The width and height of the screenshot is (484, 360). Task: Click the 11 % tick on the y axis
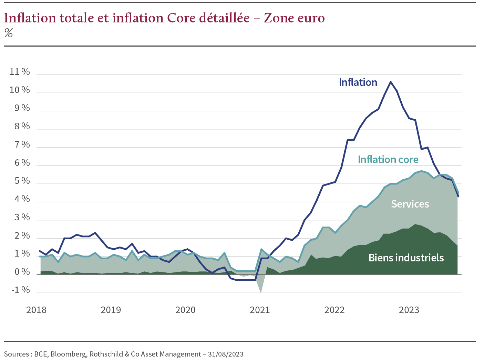pos(20,72)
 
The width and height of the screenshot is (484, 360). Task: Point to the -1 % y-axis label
pos(21,290)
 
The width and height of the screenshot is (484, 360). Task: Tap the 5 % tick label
pos(22,181)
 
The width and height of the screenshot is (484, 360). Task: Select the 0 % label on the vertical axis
pos(22,272)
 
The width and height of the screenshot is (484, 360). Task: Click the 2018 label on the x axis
pos(36,310)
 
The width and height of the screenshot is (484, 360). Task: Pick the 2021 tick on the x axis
pos(260,310)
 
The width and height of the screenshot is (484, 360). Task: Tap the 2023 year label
pos(409,310)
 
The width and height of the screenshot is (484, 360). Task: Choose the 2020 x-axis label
pos(185,310)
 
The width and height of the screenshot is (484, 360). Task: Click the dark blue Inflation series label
pos(358,82)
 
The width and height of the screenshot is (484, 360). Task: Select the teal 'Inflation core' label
pos(388,160)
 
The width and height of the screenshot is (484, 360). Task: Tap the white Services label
pos(410,204)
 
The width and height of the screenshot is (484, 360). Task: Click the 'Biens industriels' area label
pos(406,258)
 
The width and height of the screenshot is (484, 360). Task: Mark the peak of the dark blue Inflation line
pos(390,82)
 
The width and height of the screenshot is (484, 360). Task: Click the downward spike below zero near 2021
pos(261,291)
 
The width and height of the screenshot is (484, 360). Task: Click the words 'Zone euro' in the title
pos(294,18)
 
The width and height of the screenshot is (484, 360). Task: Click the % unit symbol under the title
pos(9,33)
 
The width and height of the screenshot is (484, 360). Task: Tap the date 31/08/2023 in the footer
pos(226,354)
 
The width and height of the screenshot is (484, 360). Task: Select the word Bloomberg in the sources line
pos(69,354)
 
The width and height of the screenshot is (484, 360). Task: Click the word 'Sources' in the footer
pos(16,354)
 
